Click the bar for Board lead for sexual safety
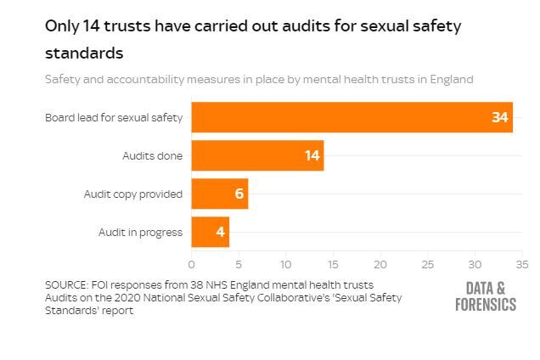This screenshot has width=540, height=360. tap(340, 117)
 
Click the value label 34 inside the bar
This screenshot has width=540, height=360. tap(499, 117)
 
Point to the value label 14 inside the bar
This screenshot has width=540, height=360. tap(312, 155)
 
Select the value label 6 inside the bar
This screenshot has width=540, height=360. tap(239, 194)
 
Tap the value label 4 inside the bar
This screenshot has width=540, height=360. tap(220, 232)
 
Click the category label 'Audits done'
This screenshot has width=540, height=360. tap(152, 155)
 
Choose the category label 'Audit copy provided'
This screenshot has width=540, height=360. tap(132, 194)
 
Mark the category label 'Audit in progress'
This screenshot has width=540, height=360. tap(140, 232)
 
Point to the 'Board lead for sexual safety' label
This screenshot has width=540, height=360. tap(114, 117)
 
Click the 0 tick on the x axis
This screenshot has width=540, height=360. tap(192, 264)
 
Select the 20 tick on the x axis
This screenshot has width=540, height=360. tap(380, 264)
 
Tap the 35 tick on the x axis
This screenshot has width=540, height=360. tap(521, 264)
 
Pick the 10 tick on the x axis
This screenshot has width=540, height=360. tap(286, 264)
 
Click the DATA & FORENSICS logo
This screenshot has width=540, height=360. tap(485, 296)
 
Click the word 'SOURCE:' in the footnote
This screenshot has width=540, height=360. tap(69, 284)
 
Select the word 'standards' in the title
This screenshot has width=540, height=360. tap(84, 53)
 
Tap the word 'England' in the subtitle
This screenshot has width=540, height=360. tap(449, 79)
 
